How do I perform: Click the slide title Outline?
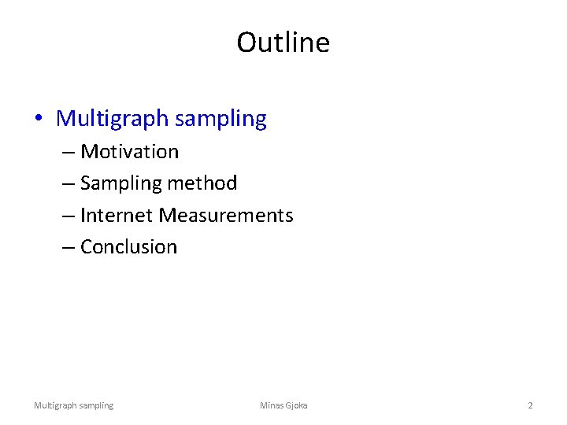pyautogui.click(x=283, y=42)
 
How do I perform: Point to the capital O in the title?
pyautogui.click(x=247, y=42)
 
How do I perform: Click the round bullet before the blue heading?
pyautogui.click(x=39, y=120)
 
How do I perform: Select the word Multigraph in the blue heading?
pyautogui.click(x=113, y=120)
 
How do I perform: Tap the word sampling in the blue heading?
pyautogui.click(x=221, y=120)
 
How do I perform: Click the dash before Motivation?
pyautogui.click(x=68, y=152)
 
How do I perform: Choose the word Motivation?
pyautogui.click(x=129, y=151)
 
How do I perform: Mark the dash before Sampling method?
pyautogui.click(x=68, y=184)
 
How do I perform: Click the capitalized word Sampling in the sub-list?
pyautogui.click(x=119, y=183)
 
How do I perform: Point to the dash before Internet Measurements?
pyautogui.click(x=68, y=216)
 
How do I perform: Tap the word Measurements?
pyautogui.click(x=226, y=215)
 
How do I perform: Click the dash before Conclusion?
pyautogui.click(x=68, y=247)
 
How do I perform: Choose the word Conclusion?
pyautogui.click(x=128, y=246)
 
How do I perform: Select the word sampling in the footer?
pyautogui.click(x=95, y=405)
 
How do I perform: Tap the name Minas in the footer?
pyautogui.click(x=272, y=405)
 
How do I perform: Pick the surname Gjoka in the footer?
pyautogui.click(x=297, y=405)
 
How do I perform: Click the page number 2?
pyautogui.click(x=530, y=405)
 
